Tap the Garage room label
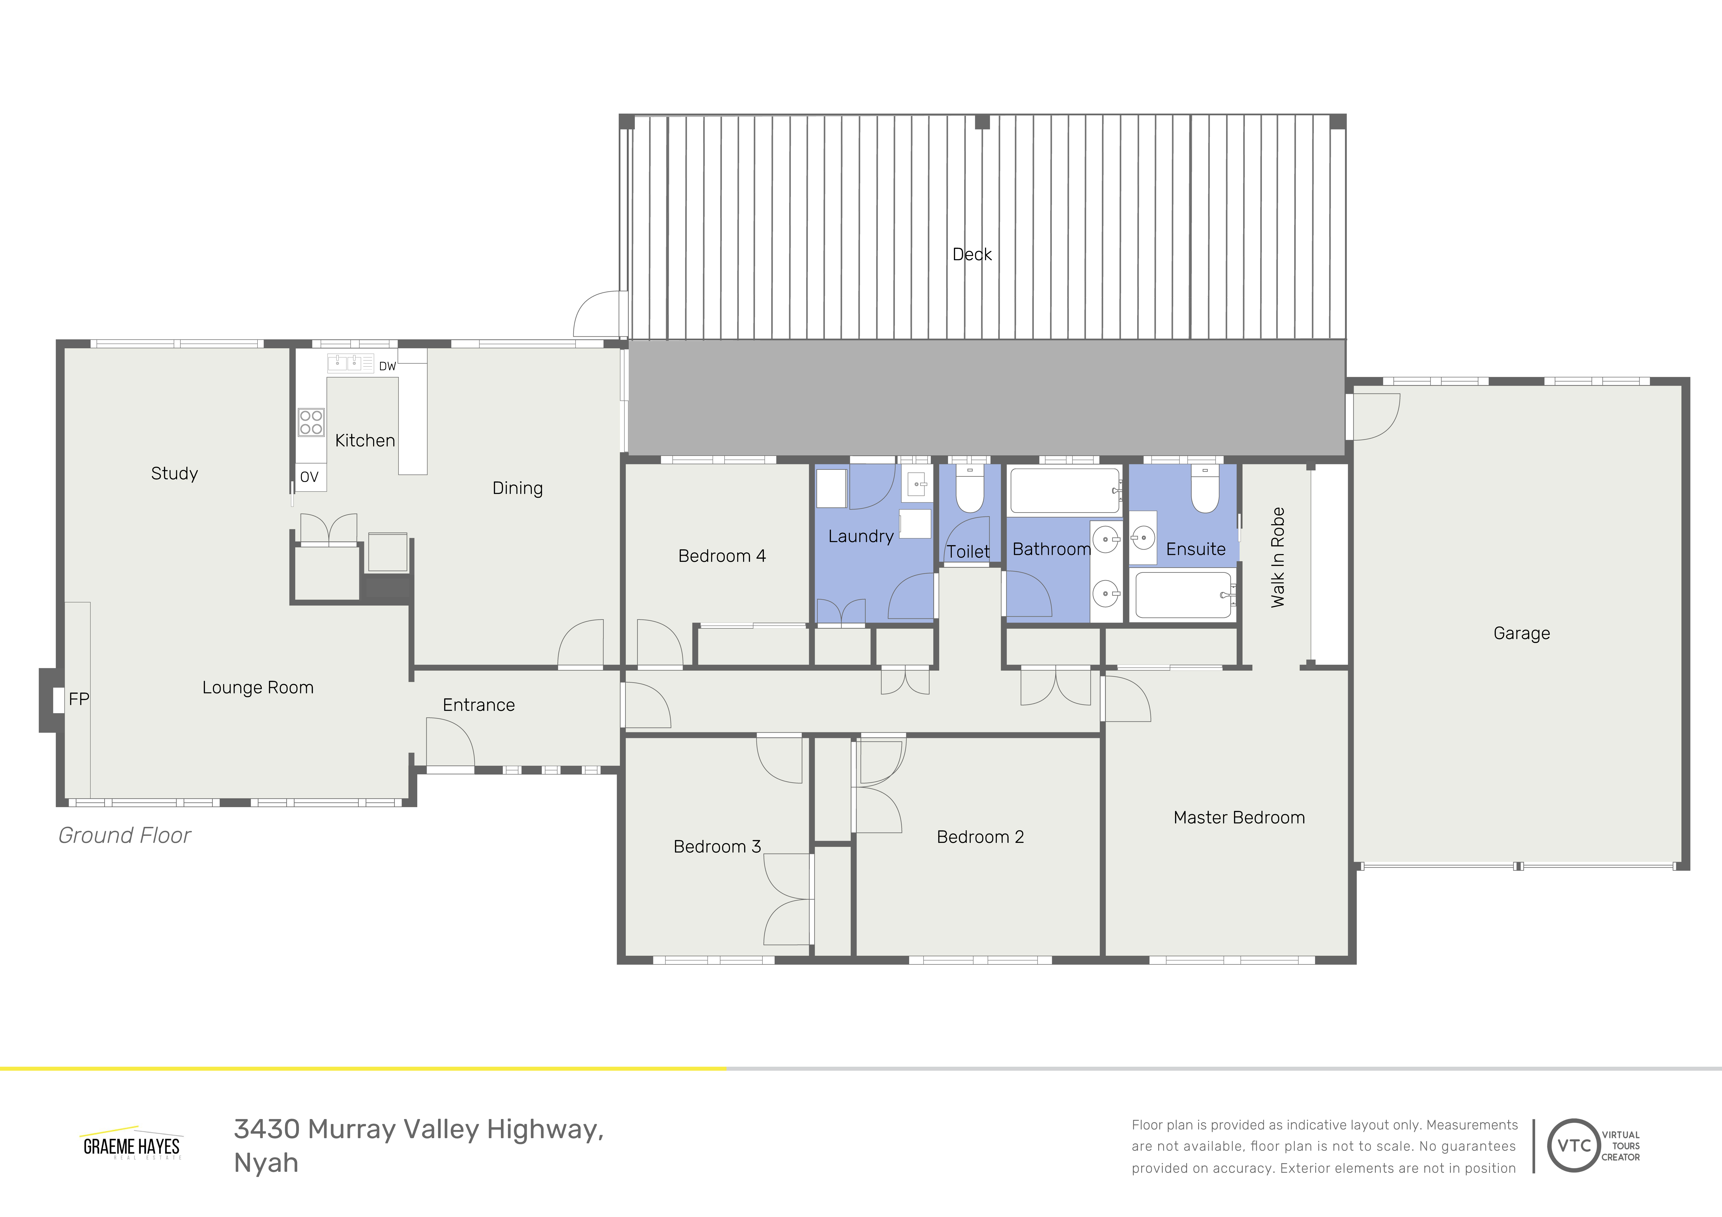(x=1521, y=634)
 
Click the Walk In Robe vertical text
(x=1278, y=557)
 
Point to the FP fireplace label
(x=79, y=699)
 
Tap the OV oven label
(x=309, y=477)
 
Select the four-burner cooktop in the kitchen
(x=311, y=422)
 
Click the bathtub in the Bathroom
(x=1064, y=490)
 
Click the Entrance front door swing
(x=450, y=742)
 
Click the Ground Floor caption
(x=124, y=835)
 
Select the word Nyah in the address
(x=266, y=1163)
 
